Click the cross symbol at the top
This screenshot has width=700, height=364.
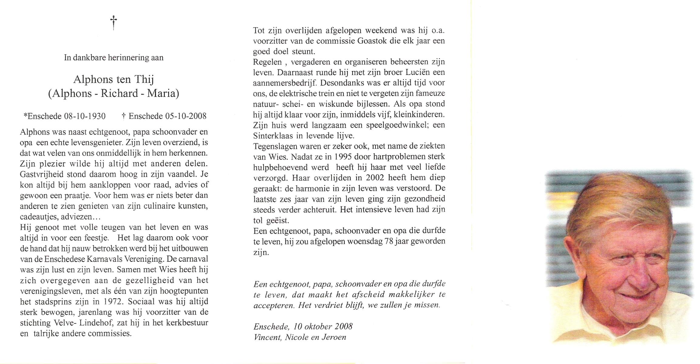pyautogui.click(x=114, y=23)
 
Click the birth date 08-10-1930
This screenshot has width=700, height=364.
pyautogui.click(x=85, y=116)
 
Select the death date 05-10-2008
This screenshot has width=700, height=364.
pyautogui.click(x=186, y=116)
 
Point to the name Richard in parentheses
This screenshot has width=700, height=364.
pyautogui.click(x=119, y=93)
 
